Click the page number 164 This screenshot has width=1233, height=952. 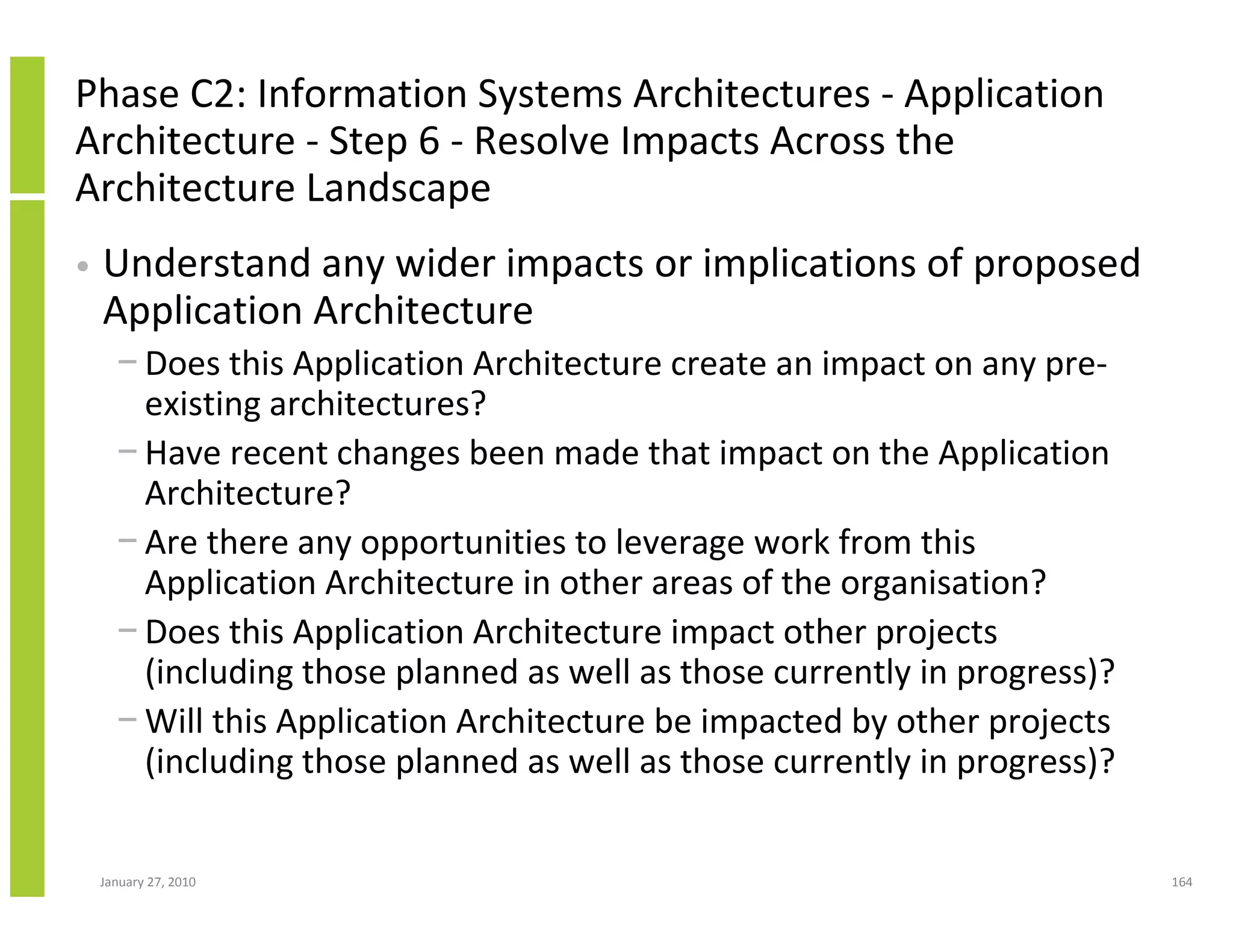1182,882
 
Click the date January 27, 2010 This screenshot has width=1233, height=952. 148,882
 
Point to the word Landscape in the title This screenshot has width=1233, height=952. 399,188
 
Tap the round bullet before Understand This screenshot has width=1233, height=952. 84,266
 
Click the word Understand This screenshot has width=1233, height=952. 207,264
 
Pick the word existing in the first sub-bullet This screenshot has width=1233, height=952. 202,404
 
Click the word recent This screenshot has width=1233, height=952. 279,453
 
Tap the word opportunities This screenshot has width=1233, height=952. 463,543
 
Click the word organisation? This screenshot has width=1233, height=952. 943,583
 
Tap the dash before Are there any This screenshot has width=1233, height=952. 128,540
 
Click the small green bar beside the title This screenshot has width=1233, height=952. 27,125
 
